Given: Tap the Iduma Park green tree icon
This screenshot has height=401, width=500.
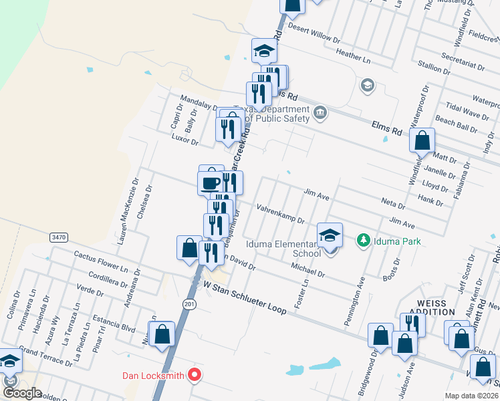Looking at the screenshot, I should [364, 240].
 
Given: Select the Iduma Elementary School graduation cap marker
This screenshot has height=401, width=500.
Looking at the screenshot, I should [330, 235].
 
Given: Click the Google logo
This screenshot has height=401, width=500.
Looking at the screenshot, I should [22, 393].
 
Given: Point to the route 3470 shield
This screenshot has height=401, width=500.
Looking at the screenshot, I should [58, 237].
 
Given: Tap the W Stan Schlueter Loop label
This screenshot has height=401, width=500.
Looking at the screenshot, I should [245, 298].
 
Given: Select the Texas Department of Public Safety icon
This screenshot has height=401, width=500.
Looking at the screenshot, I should [320, 112].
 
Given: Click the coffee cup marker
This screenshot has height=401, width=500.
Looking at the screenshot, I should [211, 182].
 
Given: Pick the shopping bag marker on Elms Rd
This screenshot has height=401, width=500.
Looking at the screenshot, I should [422, 142].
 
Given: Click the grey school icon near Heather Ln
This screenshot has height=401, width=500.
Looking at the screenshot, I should [367, 85].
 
